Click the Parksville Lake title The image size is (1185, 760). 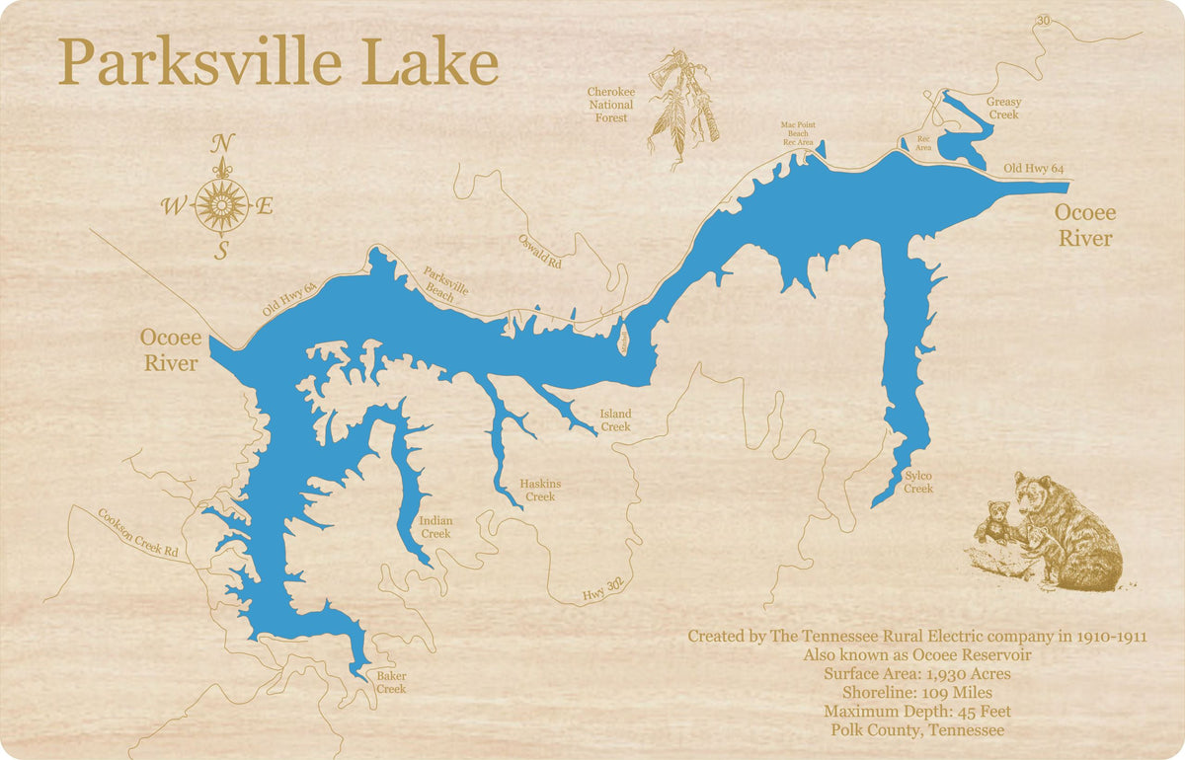pyautogui.click(x=277, y=63)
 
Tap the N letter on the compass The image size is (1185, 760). pyautogui.click(x=222, y=144)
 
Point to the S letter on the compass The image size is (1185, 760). pyautogui.click(x=221, y=251)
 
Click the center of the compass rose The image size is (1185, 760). pyautogui.click(x=221, y=205)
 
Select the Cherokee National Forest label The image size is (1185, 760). pyautogui.click(x=611, y=105)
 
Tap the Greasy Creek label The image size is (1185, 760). pyautogui.click(x=1003, y=109)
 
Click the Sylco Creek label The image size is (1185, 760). pyautogui.click(x=918, y=483)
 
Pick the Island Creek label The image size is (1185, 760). pyautogui.click(x=615, y=420)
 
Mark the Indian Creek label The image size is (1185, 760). pyautogui.click(x=435, y=527)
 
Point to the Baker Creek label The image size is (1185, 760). pyautogui.click(x=391, y=682)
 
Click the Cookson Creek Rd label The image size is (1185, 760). pyautogui.click(x=137, y=533)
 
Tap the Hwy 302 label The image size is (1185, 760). pyautogui.click(x=602, y=589)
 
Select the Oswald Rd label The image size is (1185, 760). pyautogui.click(x=539, y=253)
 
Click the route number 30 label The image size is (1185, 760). pyautogui.click(x=1044, y=21)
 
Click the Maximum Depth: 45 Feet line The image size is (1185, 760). pyautogui.click(x=917, y=712)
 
